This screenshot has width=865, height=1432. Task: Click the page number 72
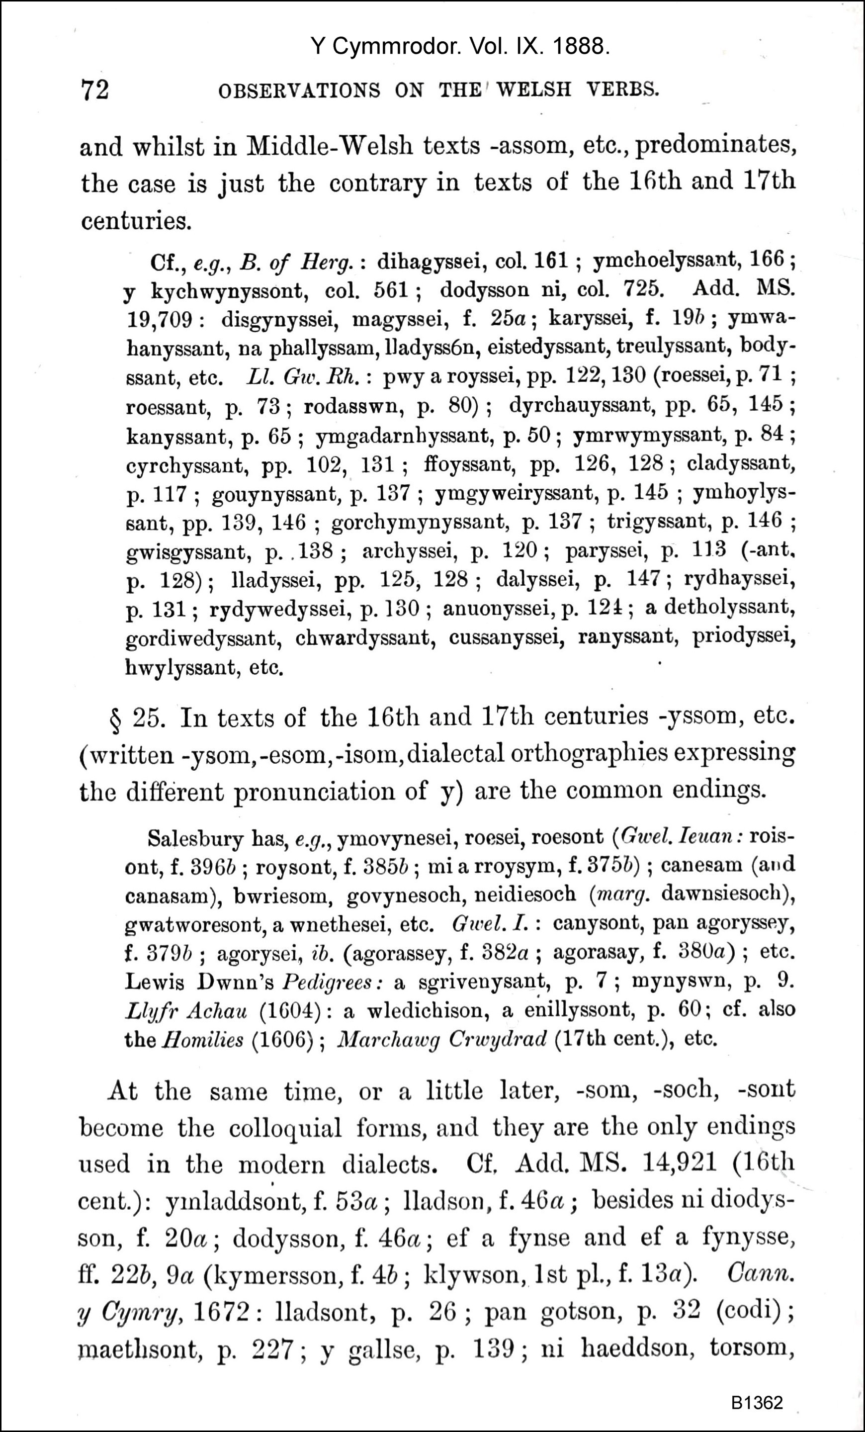click(94, 90)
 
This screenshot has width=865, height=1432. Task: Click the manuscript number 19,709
click(160, 319)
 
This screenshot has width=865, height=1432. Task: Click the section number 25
click(149, 719)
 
